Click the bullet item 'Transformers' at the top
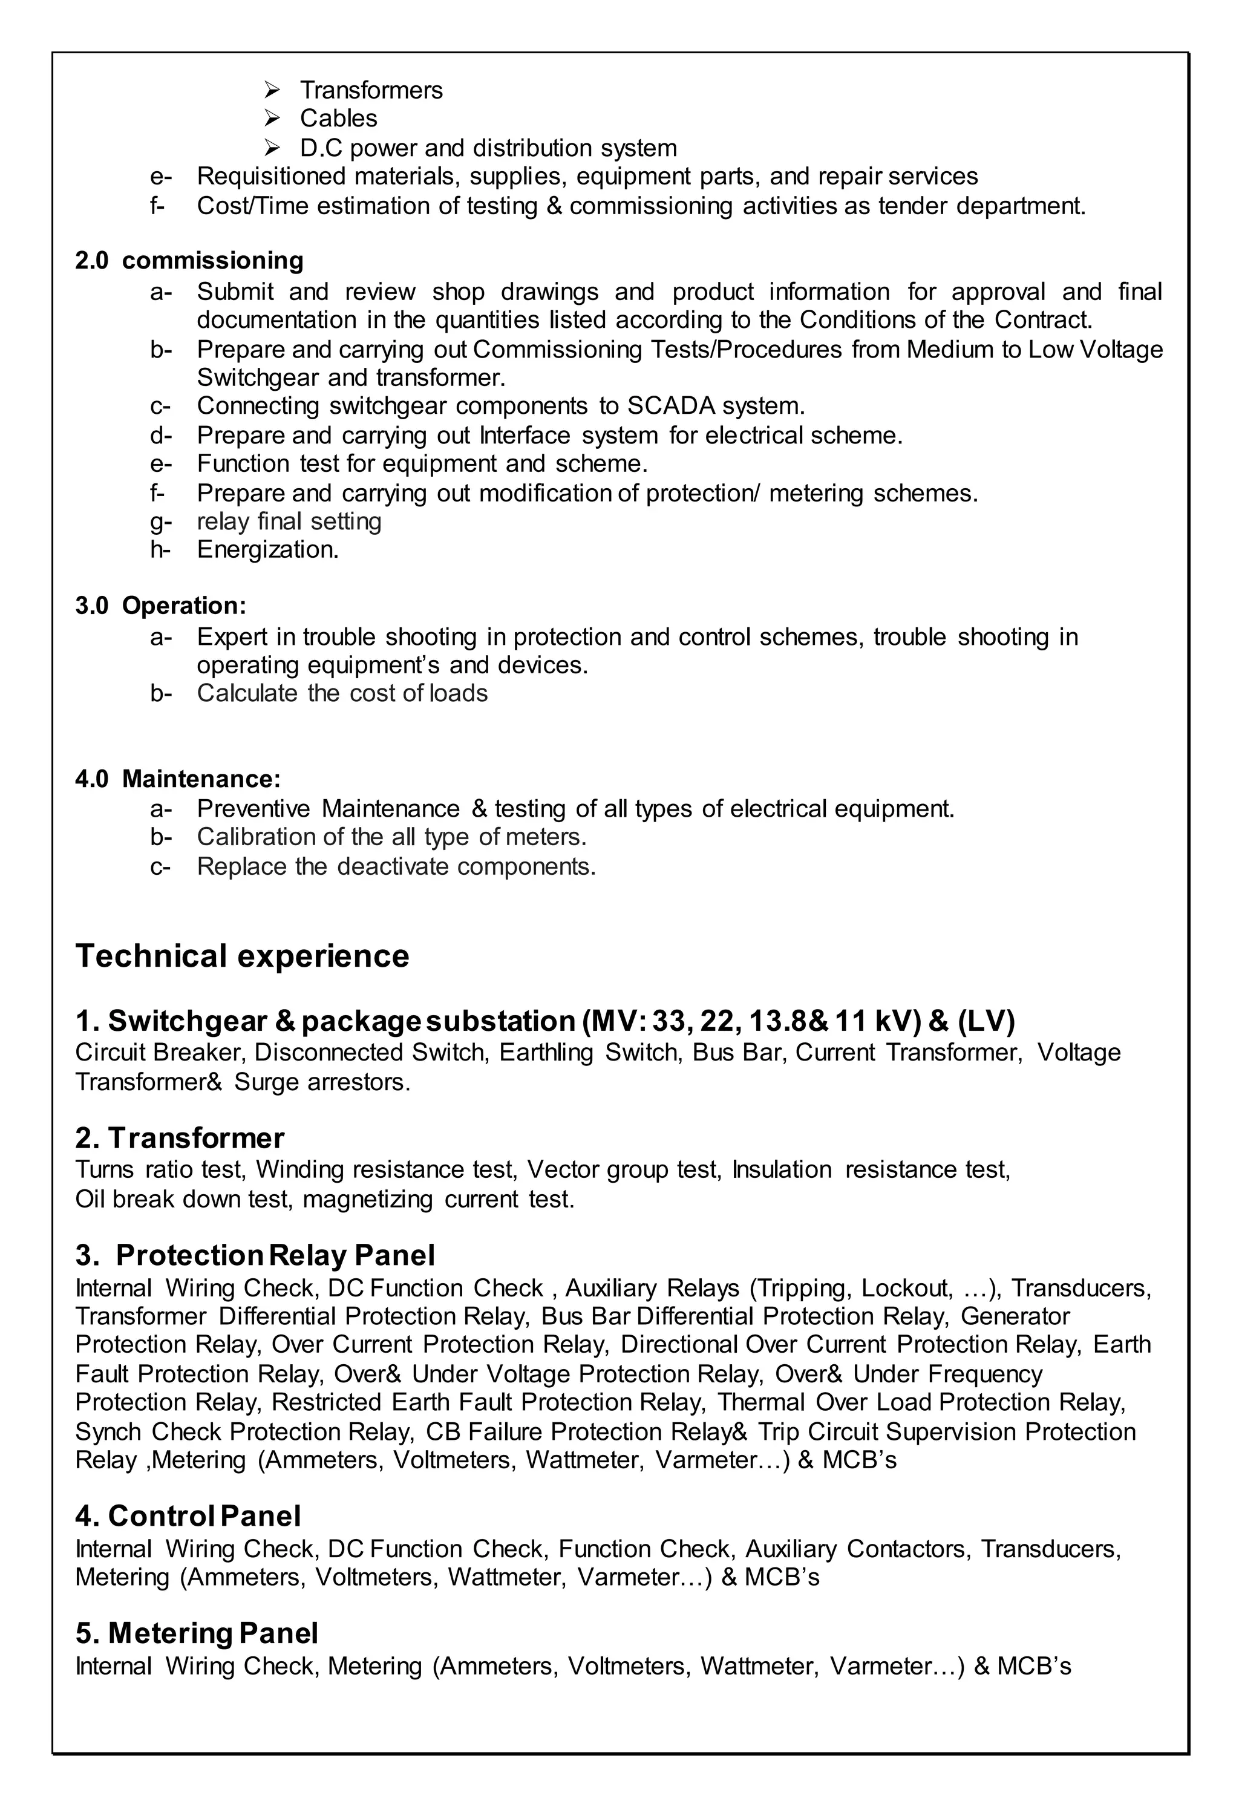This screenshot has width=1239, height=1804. [x=370, y=90]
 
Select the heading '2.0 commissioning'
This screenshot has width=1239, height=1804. [x=189, y=261]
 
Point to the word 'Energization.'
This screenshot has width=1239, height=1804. [x=268, y=549]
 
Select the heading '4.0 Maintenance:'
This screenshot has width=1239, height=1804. [x=178, y=779]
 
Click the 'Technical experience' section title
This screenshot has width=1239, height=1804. [x=241, y=956]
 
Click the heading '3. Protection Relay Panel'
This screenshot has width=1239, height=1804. [x=255, y=1255]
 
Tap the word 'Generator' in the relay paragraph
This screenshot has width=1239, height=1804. [x=1015, y=1316]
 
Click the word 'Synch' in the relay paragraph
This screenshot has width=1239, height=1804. [x=108, y=1431]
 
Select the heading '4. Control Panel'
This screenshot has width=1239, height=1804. [x=188, y=1516]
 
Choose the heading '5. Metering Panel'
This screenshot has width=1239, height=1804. [x=197, y=1633]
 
